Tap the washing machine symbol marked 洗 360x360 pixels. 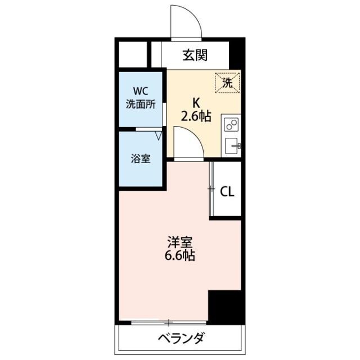(x=227, y=83)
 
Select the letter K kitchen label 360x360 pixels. (x=196, y=103)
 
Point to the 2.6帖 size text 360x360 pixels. (x=196, y=116)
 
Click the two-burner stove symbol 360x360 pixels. (x=231, y=125)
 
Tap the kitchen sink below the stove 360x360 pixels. (x=232, y=145)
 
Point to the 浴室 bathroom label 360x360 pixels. (x=141, y=158)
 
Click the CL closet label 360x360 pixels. (x=227, y=191)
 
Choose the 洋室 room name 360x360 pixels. (x=180, y=243)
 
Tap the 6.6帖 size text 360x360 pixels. (x=180, y=256)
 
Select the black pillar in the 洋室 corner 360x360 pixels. (x=224, y=307)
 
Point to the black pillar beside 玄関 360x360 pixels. (x=237, y=54)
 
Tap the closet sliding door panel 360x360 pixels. (x=212, y=189)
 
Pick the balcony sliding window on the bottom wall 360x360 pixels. (x=168, y=323)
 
